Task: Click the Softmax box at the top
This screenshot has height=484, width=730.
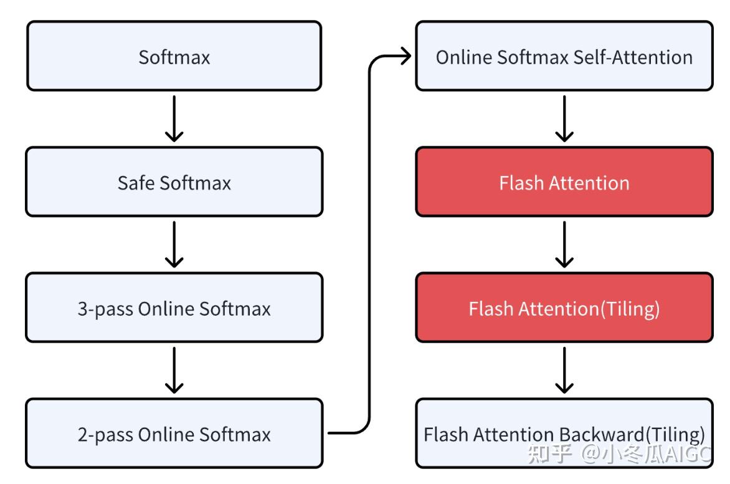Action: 174,56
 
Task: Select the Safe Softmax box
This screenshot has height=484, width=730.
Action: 174,182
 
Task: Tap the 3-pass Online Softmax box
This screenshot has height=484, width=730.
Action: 174,308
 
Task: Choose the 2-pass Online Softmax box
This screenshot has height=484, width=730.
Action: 174,433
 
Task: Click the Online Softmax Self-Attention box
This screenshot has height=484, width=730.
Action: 564,56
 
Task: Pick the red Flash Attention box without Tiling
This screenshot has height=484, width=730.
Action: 564,182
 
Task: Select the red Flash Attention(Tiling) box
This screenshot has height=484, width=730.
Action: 564,308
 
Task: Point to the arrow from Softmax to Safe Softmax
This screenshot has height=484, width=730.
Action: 174,119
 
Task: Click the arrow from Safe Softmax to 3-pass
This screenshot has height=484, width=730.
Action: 174,244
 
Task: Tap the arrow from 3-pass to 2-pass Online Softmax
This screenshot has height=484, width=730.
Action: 174,370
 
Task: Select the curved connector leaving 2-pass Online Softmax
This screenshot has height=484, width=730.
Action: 369,249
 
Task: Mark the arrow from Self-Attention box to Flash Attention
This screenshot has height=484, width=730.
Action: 564,119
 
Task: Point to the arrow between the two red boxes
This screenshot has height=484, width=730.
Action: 564,244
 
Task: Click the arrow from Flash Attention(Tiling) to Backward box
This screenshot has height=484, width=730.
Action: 564,370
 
